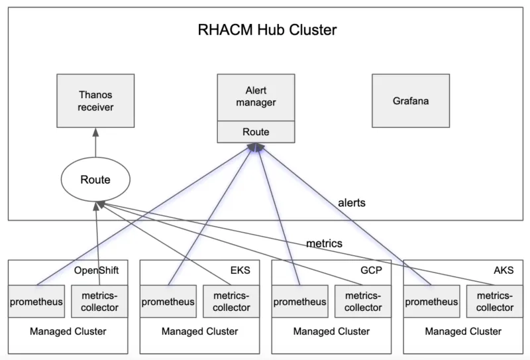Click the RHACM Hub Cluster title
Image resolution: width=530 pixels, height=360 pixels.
pos(267,30)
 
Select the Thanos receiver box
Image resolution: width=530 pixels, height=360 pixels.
pos(95,101)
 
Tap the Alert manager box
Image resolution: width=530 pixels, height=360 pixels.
pos(256,97)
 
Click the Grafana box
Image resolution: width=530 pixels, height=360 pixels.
pos(410,101)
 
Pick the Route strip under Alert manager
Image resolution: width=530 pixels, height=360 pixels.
pos(256,132)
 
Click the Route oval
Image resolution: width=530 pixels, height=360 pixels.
pos(95,179)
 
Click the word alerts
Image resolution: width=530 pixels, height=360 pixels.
pos(352,203)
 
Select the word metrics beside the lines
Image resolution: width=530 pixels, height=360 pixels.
pos(324,243)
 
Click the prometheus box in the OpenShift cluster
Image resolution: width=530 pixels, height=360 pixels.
pos(36,302)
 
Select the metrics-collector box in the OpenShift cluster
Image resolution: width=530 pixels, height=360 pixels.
pos(99,302)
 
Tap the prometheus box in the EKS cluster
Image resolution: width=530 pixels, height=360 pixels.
pos(168,302)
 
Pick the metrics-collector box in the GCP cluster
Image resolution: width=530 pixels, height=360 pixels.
pos(363,302)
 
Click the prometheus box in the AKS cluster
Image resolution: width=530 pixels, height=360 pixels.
pos(432,302)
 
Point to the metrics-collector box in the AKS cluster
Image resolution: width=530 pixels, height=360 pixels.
pos(495,302)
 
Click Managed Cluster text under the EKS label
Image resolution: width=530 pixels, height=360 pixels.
pos(199,331)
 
